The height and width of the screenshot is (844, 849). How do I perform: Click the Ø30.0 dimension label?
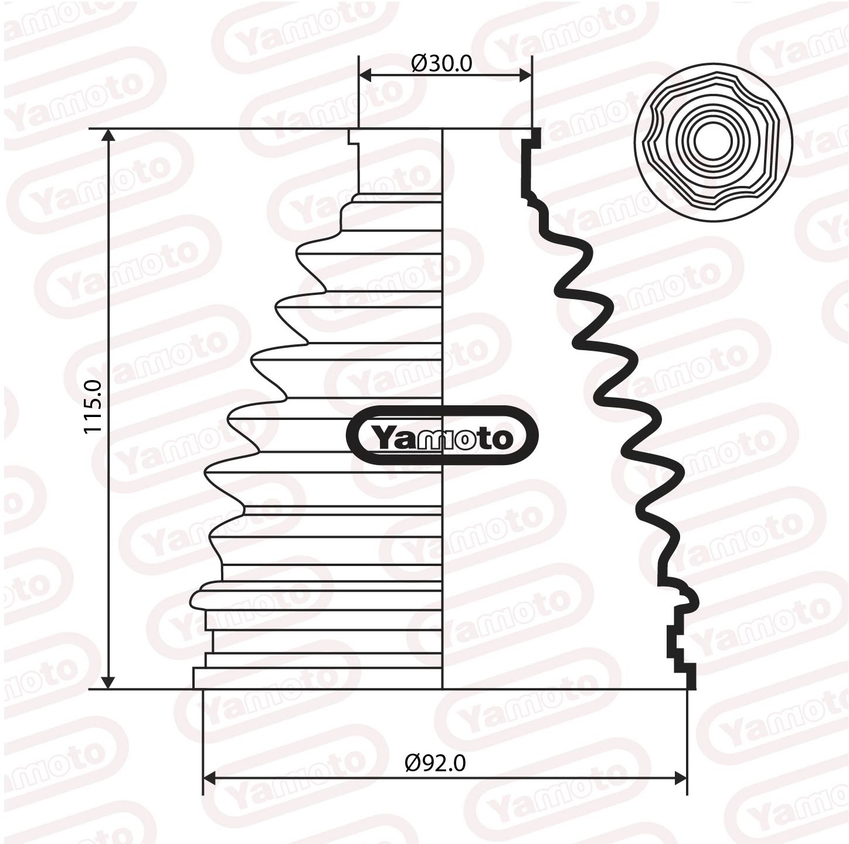(442, 63)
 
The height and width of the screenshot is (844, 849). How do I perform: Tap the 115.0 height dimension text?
(93, 406)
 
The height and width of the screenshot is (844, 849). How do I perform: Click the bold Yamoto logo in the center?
(442, 436)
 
